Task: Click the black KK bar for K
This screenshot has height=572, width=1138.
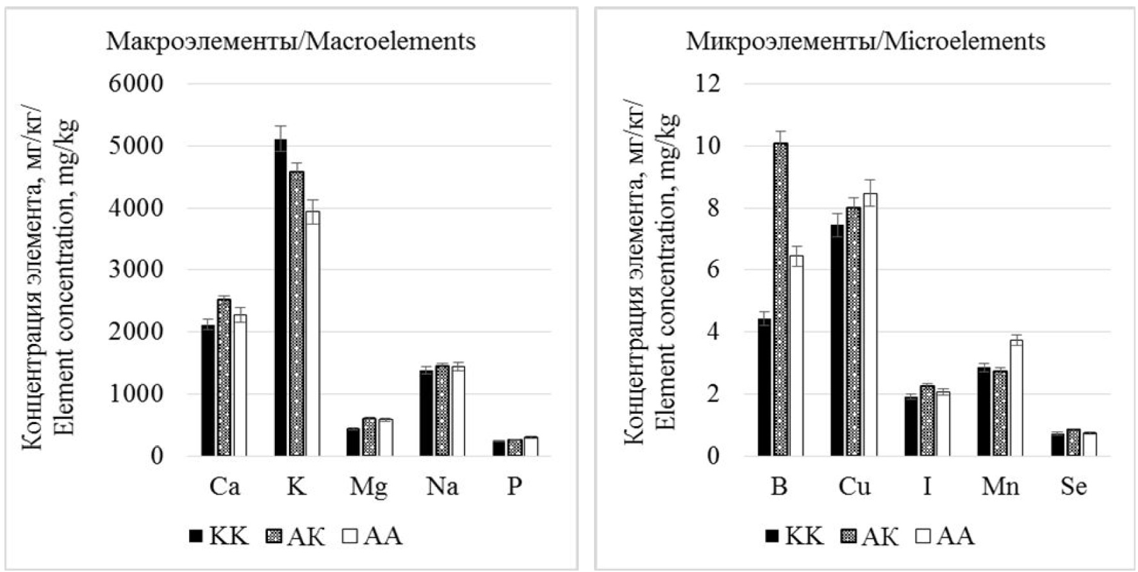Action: point(281,297)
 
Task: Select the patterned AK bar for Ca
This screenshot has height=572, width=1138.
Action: point(224,377)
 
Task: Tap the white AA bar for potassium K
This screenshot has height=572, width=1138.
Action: point(312,333)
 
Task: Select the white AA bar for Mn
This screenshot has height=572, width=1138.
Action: point(1016,398)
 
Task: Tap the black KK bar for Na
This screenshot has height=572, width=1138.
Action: point(426,413)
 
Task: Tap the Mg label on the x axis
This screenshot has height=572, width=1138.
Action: point(368,487)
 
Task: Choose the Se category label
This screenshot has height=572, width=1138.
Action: point(1073,487)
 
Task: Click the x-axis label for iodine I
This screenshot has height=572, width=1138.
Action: point(927,487)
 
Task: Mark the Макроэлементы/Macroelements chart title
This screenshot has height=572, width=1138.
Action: point(291,42)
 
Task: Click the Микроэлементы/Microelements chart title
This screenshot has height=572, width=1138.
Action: point(865,42)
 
